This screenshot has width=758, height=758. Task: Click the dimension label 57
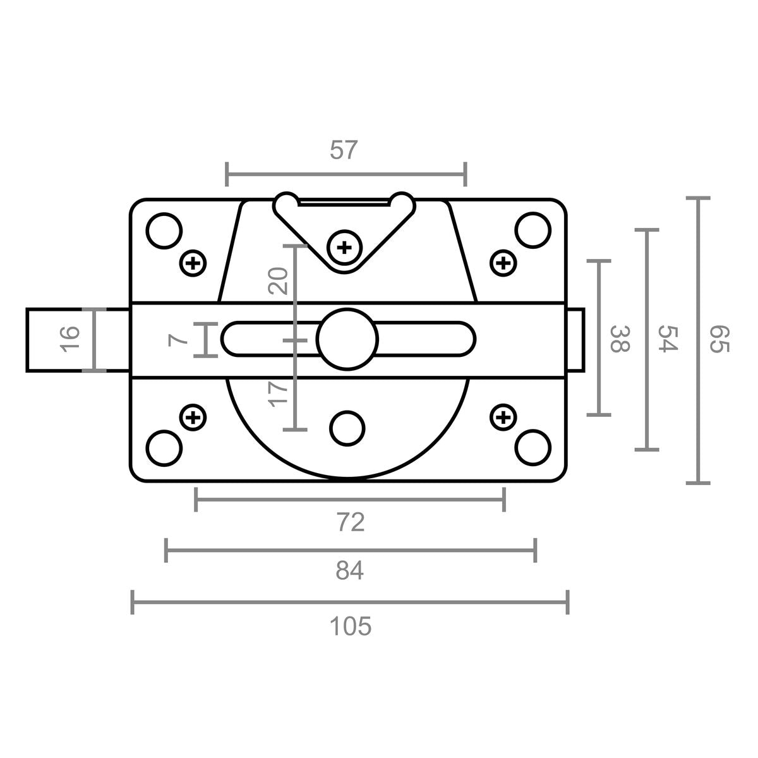click(344, 150)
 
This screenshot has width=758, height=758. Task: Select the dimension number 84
click(350, 570)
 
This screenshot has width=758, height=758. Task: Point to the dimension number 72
click(351, 522)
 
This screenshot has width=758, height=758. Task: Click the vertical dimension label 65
click(719, 339)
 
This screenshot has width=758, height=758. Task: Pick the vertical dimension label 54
click(668, 339)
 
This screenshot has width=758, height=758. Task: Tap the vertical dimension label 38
click(620, 339)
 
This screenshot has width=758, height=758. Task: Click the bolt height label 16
click(69, 339)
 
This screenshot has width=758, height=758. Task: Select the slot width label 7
click(177, 339)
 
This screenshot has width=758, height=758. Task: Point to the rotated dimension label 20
click(278, 281)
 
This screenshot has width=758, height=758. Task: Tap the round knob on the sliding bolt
click(347, 339)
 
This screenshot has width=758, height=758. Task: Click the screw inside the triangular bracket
click(345, 248)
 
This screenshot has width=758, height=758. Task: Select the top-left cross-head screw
click(193, 263)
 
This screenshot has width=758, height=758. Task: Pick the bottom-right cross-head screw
click(503, 417)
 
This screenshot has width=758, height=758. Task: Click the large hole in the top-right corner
click(532, 231)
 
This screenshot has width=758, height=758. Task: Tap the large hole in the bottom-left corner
click(164, 448)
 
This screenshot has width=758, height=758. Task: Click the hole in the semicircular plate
click(347, 428)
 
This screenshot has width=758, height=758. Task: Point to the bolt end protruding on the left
click(78, 340)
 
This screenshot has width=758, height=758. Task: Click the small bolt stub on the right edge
click(575, 340)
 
